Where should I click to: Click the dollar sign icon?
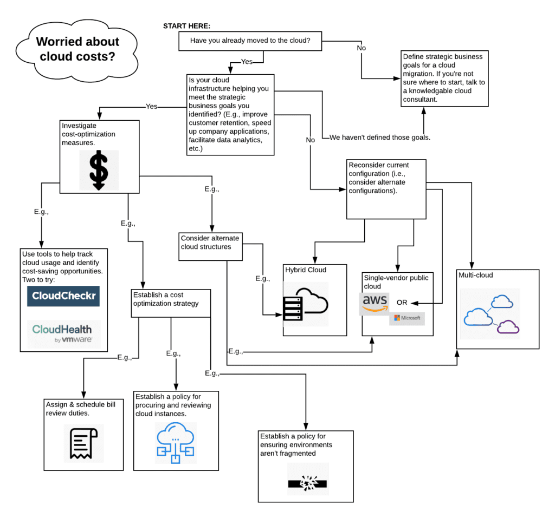[x=99, y=169]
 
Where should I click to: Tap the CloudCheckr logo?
[x=63, y=296]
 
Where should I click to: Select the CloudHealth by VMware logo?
[x=63, y=333]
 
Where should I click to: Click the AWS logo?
[x=375, y=303]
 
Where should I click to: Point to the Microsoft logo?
[x=407, y=318]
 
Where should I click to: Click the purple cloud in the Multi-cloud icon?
[x=508, y=326]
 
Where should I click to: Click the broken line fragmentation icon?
[x=307, y=480]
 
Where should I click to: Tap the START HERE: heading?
[x=187, y=26]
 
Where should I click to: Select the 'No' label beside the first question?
[x=361, y=48]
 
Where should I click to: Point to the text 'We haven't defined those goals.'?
[x=380, y=137]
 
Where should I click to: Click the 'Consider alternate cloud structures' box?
[x=210, y=242]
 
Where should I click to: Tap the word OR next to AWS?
[x=402, y=302]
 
